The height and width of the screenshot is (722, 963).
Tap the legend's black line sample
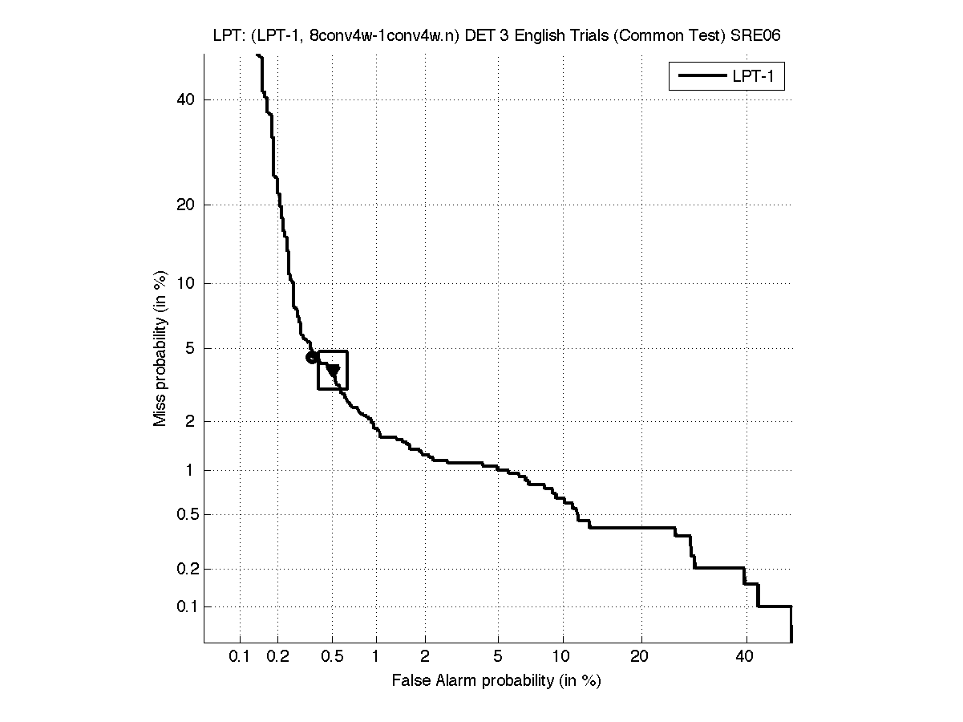pyautogui.click(x=702, y=76)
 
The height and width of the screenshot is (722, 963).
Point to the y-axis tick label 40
pyautogui.click(x=186, y=99)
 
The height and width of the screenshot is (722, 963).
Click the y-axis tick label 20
pyautogui.click(x=186, y=205)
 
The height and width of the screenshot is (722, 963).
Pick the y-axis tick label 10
pyautogui.click(x=186, y=283)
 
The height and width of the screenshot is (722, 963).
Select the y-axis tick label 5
pyautogui.click(x=190, y=348)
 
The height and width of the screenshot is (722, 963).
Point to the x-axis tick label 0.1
pyautogui.click(x=239, y=657)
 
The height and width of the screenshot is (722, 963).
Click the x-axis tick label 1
pyautogui.click(x=375, y=657)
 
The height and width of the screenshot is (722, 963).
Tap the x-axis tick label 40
pyautogui.click(x=746, y=657)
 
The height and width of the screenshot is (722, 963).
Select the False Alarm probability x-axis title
pyautogui.click(x=496, y=681)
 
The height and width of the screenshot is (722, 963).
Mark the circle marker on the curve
pyautogui.click(x=312, y=357)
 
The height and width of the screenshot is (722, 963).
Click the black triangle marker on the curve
pyautogui.click(x=333, y=369)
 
